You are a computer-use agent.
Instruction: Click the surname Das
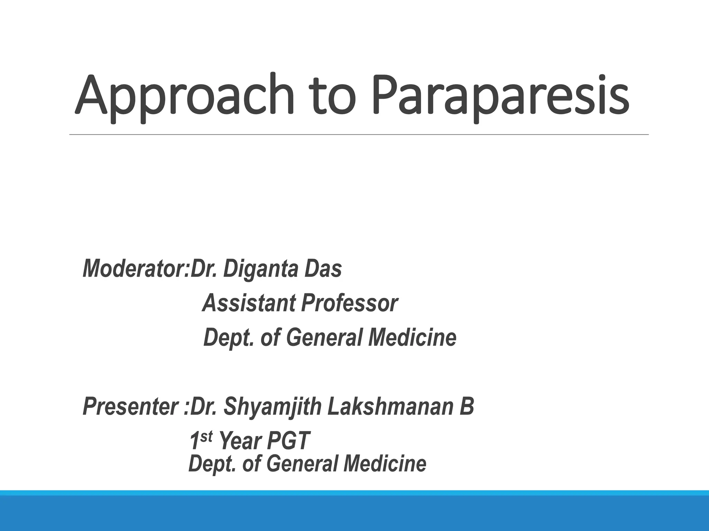[323, 269]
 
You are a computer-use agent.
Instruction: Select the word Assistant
[249, 303]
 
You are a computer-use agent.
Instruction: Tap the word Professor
[350, 303]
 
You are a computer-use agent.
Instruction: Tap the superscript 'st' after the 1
[206, 437]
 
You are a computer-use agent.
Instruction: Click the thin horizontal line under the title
[359, 134]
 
